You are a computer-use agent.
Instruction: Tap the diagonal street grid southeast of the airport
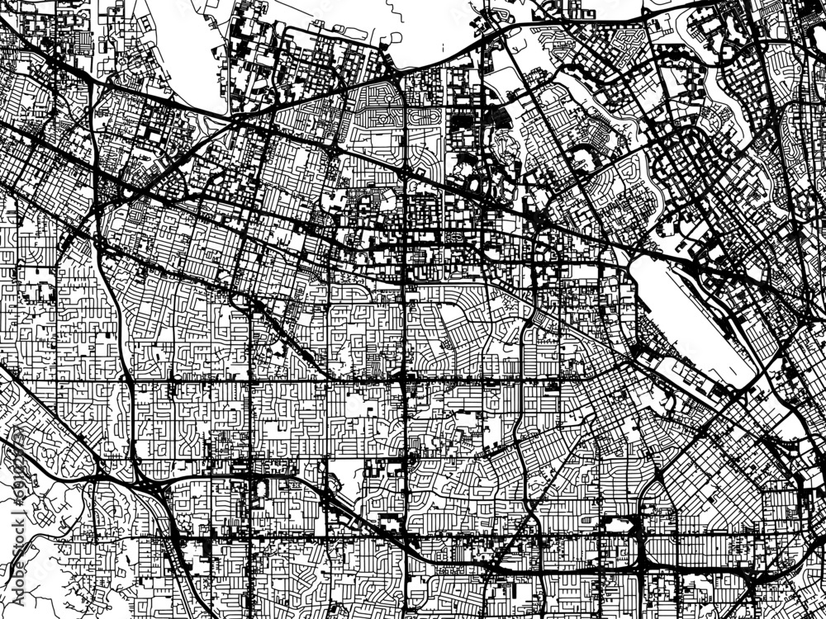[x=727, y=462]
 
